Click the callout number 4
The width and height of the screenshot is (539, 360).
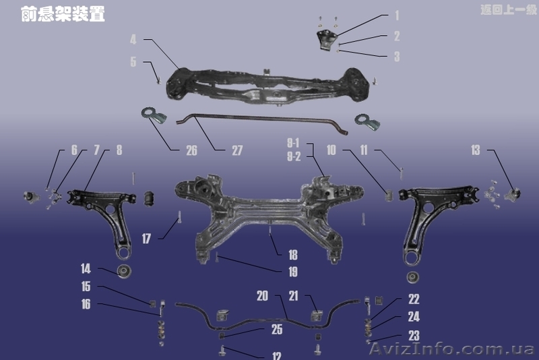click(133, 40)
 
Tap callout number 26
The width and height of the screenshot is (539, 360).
click(191, 151)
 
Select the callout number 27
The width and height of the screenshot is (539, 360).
click(237, 151)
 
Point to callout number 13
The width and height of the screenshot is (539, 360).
click(476, 150)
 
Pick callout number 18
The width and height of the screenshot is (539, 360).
click(292, 255)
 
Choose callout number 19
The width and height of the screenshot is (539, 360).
click(292, 272)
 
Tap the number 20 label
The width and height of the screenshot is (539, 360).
click(262, 296)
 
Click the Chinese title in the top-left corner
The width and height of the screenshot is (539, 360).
click(63, 15)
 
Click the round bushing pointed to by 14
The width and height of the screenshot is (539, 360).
click(125, 272)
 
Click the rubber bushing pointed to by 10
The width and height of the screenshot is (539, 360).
click(389, 195)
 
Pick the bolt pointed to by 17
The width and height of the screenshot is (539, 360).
click(180, 218)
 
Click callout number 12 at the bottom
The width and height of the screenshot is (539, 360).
click(277, 356)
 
